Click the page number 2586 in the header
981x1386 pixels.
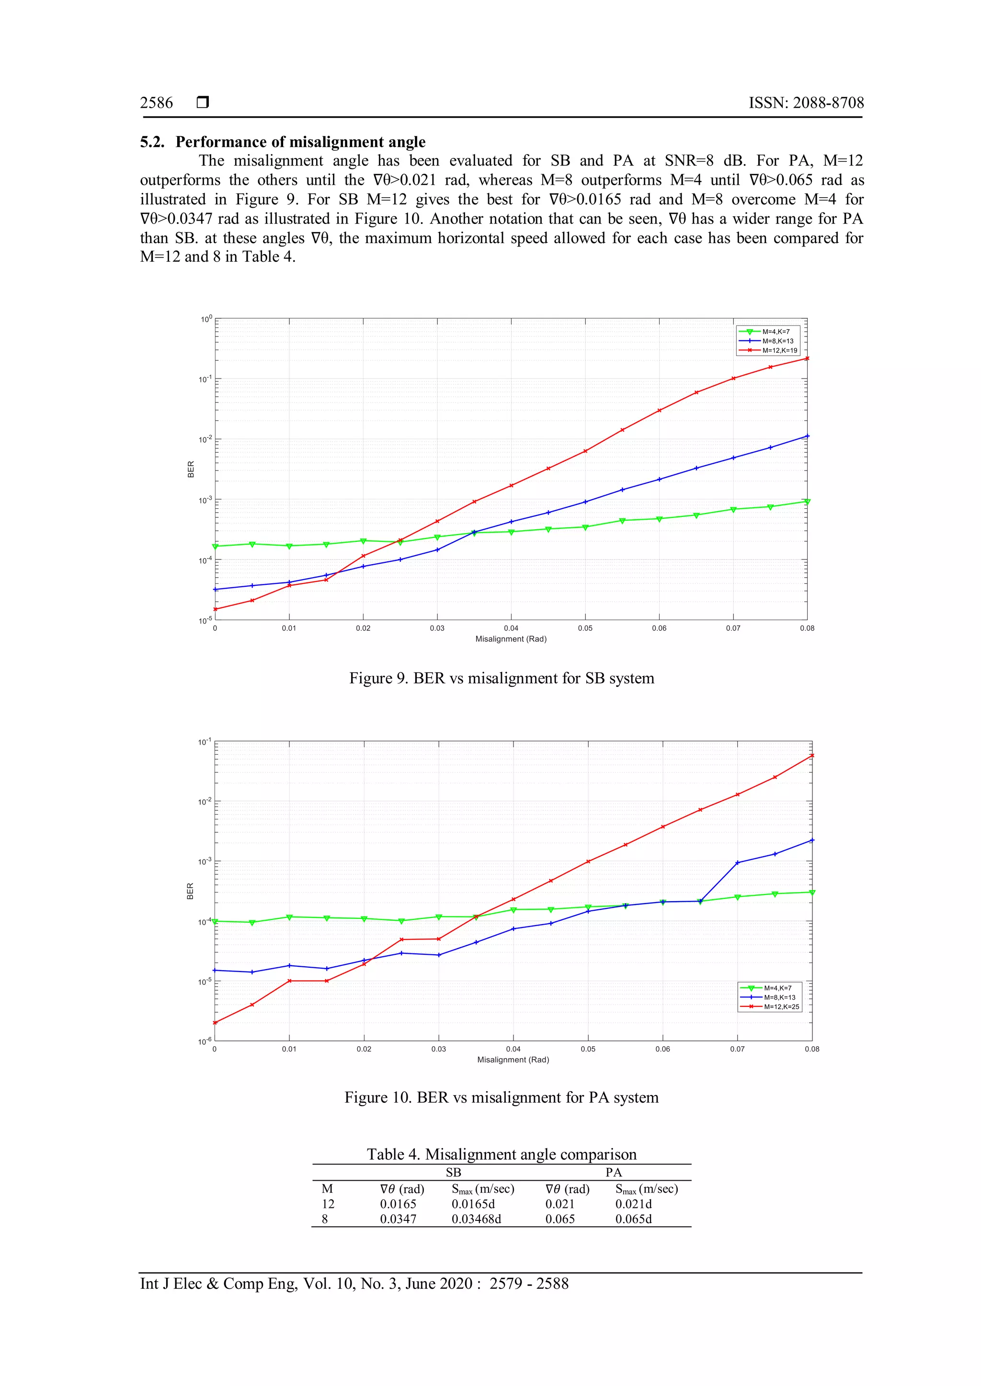click(x=157, y=103)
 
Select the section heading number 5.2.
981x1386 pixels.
click(x=152, y=142)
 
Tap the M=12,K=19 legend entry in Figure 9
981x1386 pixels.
click(x=779, y=350)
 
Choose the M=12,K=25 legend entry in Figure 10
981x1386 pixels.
click(x=781, y=1006)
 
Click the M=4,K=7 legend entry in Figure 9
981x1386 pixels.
click(x=776, y=331)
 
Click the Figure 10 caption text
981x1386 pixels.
click(x=502, y=1097)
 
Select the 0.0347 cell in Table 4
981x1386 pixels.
click(x=398, y=1219)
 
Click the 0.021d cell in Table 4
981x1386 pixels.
click(x=633, y=1204)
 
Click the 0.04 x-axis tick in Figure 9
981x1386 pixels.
click(x=511, y=628)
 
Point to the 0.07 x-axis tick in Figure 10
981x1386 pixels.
click(x=737, y=1049)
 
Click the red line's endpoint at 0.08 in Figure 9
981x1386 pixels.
click(x=807, y=358)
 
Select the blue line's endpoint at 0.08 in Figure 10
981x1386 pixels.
click(x=812, y=840)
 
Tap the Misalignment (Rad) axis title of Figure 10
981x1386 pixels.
click(x=513, y=1060)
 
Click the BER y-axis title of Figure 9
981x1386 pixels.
click(x=191, y=469)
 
